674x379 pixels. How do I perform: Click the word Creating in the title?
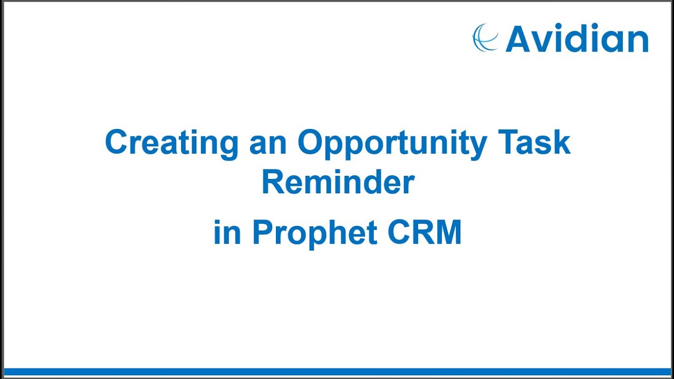pos(172,143)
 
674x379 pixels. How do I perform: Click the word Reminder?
pos(338,183)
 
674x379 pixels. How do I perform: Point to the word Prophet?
pos(315,232)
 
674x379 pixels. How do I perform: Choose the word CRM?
pos(424,232)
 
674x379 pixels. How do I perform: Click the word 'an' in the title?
pos(267,143)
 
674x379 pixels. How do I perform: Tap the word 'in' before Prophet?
pos(227,232)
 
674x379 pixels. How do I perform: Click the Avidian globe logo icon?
pos(485,38)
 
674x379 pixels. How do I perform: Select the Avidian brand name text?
pos(577,39)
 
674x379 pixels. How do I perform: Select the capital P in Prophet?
pos(263,232)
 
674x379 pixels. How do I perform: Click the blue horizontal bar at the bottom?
pos(337,372)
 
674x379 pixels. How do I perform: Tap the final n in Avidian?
pos(638,42)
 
